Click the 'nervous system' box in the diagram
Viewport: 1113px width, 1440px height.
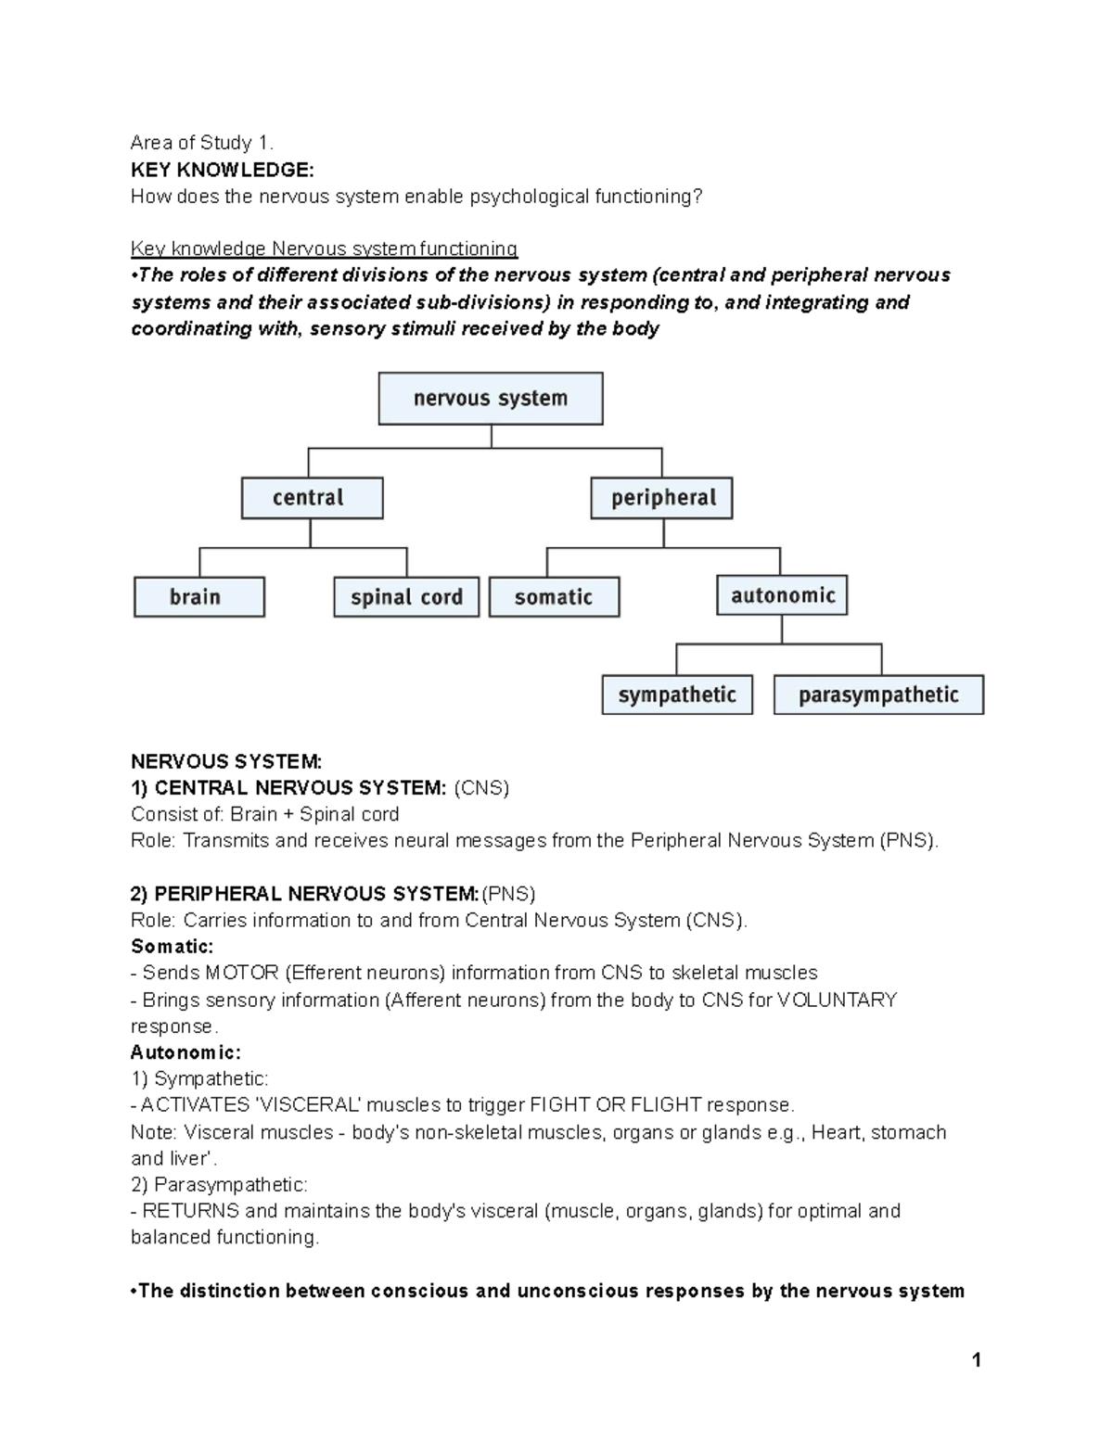491,399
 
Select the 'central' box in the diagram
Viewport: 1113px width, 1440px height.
312,498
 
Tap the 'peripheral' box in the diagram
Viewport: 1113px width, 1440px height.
662,498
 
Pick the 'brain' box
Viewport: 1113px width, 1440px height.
198,597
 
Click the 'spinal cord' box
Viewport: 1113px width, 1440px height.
406,597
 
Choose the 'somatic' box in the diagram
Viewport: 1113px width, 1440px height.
554,597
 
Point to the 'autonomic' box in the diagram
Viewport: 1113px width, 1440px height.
782,595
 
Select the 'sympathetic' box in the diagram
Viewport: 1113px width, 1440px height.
677,695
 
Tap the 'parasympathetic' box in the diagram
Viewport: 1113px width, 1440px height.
877,695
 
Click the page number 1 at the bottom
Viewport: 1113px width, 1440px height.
975,1360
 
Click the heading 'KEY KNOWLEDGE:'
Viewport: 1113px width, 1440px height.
222,170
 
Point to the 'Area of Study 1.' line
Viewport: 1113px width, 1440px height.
202,143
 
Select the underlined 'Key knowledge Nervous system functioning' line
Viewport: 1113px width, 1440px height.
324,248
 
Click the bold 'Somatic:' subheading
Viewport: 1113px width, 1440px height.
173,947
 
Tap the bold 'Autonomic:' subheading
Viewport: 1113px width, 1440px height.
185,1052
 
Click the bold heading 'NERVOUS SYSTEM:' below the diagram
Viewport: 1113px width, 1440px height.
226,762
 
